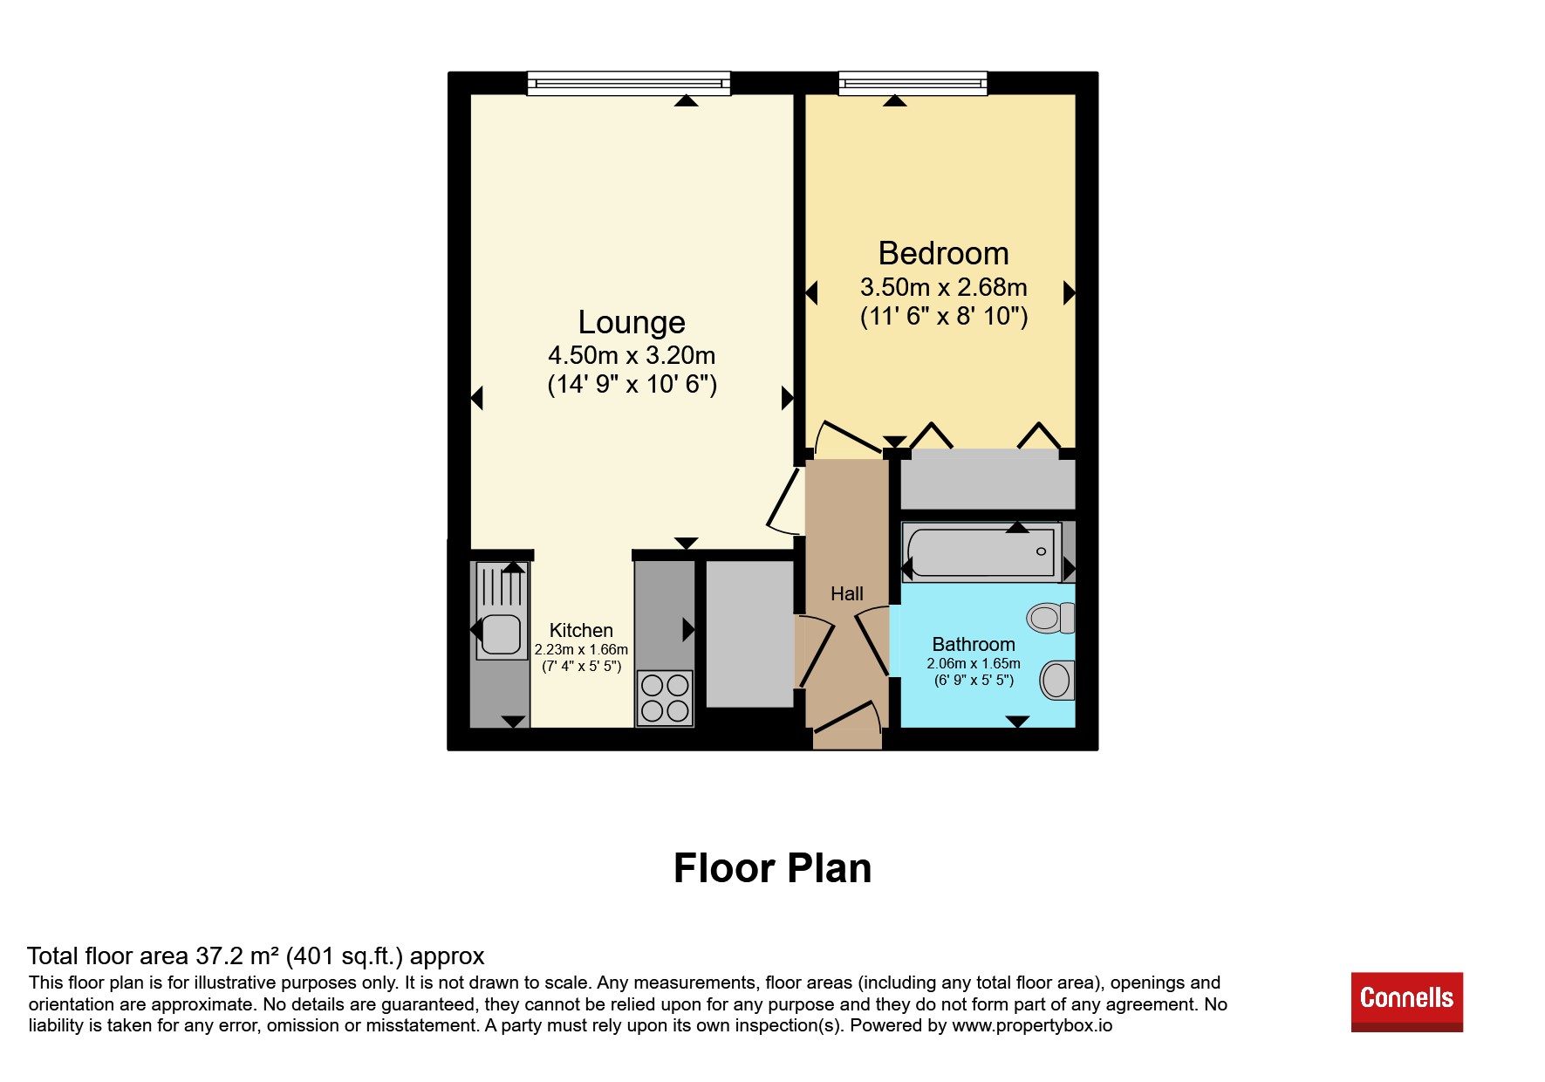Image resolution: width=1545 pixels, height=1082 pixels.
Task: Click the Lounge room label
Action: point(632,323)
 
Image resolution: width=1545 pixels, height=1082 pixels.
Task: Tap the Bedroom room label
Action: point(943,253)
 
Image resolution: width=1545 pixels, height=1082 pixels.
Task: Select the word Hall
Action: point(846,594)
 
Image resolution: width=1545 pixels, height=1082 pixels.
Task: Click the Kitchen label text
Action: point(581,630)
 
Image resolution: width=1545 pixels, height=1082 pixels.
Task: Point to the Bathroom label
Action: point(974,644)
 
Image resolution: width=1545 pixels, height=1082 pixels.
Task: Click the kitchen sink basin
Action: point(501,633)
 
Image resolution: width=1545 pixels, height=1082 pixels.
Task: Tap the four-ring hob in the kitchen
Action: point(665,698)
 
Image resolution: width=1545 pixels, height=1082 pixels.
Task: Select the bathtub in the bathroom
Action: point(981,552)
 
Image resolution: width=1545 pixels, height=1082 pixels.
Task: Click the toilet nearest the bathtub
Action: point(1050,618)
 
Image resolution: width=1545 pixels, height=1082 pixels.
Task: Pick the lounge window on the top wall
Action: point(629,84)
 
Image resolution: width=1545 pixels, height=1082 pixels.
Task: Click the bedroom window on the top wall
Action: point(913,84)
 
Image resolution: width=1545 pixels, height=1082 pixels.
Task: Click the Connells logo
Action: point(1406,1002)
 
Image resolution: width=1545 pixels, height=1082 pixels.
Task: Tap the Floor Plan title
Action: point(772,868)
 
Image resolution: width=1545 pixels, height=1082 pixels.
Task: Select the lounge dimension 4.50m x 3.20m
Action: point(632,356)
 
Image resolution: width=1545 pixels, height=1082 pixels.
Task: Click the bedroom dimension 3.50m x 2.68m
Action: point(943,287)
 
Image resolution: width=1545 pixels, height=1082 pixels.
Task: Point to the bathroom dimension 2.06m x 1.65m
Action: point(974,664)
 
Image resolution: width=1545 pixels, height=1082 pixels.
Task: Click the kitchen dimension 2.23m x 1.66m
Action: point(581,650)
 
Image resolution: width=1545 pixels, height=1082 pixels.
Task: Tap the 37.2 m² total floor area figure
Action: point(238,956)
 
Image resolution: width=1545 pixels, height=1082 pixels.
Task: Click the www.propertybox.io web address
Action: point(1032,1025)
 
